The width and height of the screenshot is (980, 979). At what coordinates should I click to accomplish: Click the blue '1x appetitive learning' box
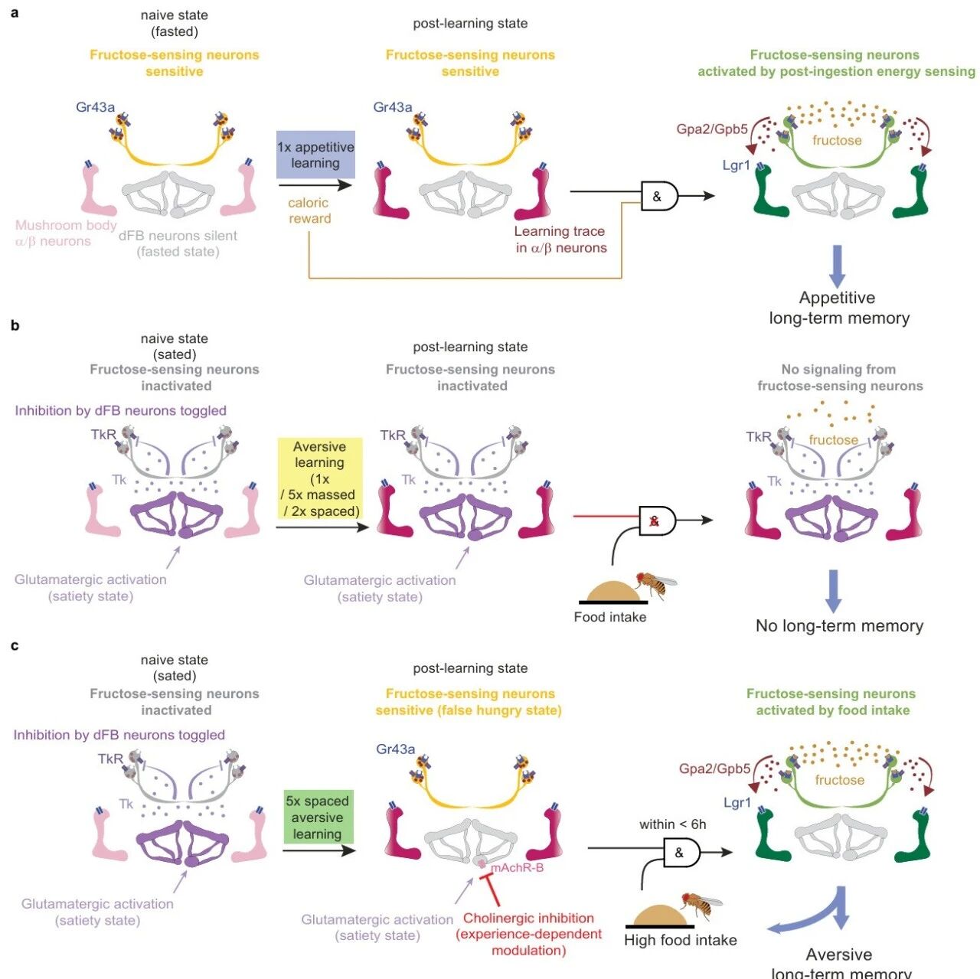[x=315, y=155]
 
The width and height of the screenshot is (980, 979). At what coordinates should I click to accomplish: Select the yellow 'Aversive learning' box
[x=320, y=478]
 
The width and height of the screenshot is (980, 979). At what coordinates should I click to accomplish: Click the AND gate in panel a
[x=659, y=196]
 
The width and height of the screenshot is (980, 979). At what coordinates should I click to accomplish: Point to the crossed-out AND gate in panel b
[x=657, y=521]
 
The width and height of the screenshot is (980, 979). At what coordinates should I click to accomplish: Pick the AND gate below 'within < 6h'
[x=681, y=853]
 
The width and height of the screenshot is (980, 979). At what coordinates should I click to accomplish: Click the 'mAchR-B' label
[x=517, y=867]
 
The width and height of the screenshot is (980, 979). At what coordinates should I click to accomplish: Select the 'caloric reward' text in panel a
[x=309, y=210]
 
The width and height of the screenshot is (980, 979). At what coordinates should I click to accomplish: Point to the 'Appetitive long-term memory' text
[x=838, y=308]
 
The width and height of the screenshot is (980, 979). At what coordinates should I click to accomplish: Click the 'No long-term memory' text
[x=839, y=625]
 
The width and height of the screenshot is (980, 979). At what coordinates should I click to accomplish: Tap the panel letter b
[x=15, y=325]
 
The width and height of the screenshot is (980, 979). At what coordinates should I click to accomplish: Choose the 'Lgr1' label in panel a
[x=737, y=166]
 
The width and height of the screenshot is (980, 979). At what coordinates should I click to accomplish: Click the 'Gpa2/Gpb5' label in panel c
[x=714, y=769]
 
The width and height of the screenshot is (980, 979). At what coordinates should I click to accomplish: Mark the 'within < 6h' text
[x=673, y=824]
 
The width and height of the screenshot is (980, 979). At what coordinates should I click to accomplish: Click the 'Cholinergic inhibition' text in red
[x=528, y=918]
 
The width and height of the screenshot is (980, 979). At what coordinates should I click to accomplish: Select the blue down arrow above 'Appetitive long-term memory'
[x=837, y=266]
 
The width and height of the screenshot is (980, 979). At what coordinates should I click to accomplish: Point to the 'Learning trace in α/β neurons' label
[x=560, y=239]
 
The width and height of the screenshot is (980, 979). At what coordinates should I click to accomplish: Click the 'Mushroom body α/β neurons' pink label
[x=66, y=233]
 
